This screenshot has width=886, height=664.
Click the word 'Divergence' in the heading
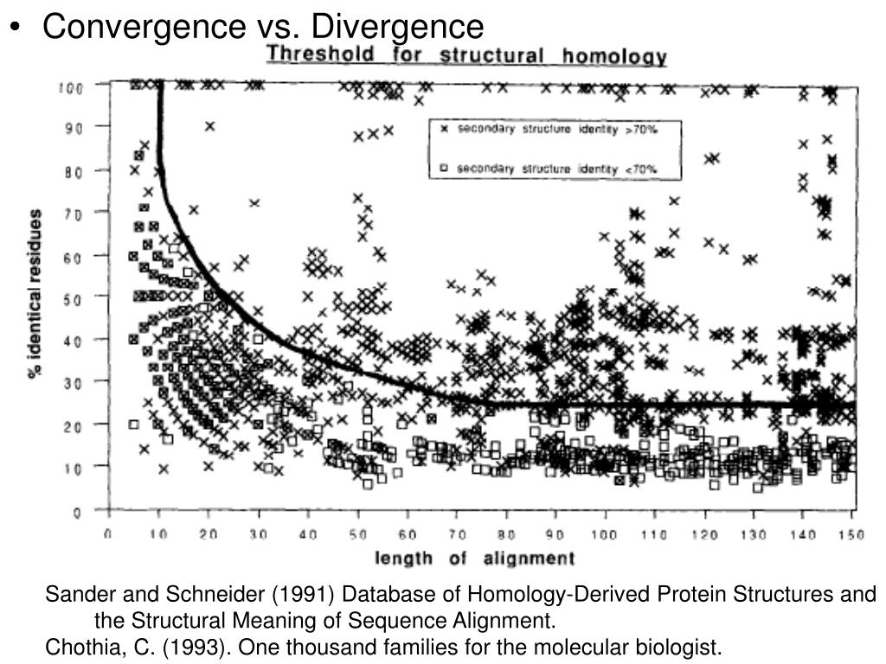click(x=397, y=26)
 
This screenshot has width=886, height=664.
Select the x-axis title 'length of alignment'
click(x=474, y=558)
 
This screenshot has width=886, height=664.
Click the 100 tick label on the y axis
click(x=71, y=86)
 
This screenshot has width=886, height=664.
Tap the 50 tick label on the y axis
click(x=73, y=298)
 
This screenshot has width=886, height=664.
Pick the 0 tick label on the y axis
click(x=78, y=512)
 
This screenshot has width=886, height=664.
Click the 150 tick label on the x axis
click(x=851, y=534)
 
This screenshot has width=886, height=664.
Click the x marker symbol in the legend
click(x=444, y=130)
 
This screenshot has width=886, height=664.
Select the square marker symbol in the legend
click(x=444, y=169)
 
